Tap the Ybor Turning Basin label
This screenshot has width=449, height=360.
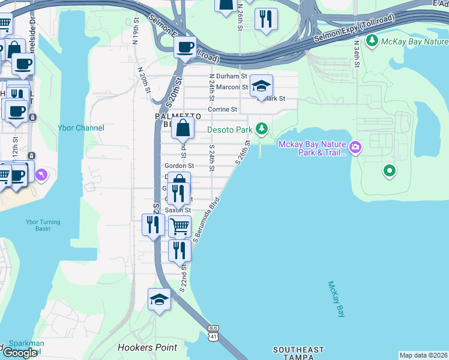pyautogui.click(x=43, y=226)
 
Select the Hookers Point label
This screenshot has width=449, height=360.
pyautogui.click(x=148, y=347)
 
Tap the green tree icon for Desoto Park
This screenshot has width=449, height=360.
pyautogui.click(x=261, y=128)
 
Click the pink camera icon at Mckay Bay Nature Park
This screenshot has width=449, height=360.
pyautogui.click(x=355, y=146)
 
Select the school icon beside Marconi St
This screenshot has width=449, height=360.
pyautogui.click(x=261, y=86)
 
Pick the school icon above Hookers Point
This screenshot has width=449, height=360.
pyautogui.click(x=159, y=299)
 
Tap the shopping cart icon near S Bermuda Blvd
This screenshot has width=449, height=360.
pyautogui.click(x=179, y=227)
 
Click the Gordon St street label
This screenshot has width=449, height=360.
pyautogui.click(x=179, y=166)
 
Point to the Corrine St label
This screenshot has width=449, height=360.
pyautogui.click(x=223, y=110)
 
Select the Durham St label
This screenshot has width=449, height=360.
pyautogui.click(x=232, y=77)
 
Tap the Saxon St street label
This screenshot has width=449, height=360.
pyautogui.click(x=178, y=211)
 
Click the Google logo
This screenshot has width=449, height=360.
pyautogui.click(x=20, y=353)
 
